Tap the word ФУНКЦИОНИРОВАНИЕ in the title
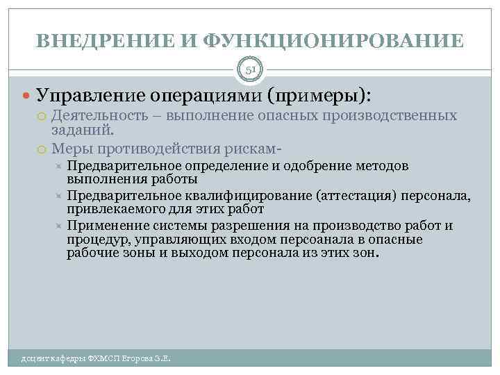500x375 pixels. [x=335, y=40]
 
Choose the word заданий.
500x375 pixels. [x=83, y=129]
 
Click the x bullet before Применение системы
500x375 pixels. [x=59, y=226]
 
